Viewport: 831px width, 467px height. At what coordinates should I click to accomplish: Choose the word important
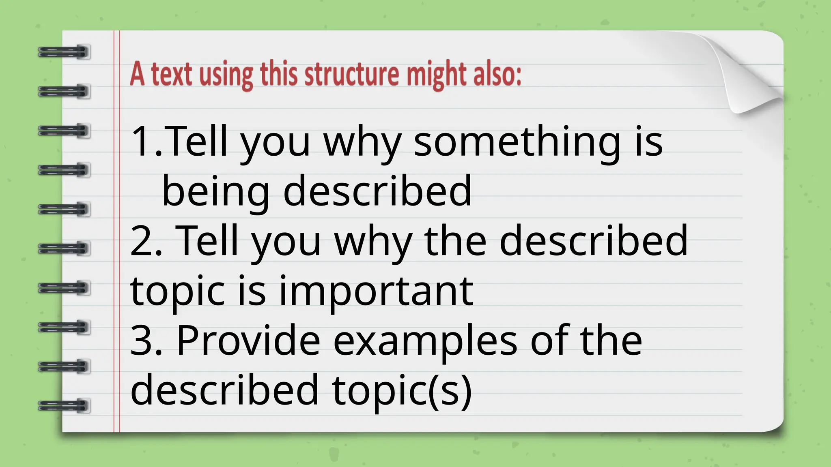(x=376, y=291)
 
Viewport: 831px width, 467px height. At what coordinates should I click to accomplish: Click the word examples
(x=425, y=341)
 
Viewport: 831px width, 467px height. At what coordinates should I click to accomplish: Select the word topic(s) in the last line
(x=402, y=390)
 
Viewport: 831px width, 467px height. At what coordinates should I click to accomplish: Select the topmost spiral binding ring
(x=64, y=52)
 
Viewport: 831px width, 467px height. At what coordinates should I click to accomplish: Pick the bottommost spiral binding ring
(x=64, y=406)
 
